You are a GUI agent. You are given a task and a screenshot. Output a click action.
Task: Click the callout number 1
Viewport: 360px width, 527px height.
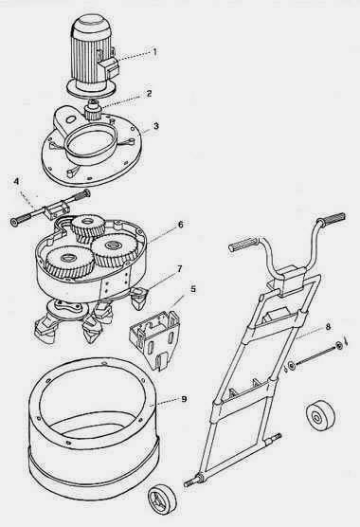point(154,52)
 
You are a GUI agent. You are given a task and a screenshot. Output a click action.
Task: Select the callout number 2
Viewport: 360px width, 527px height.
point(150,93)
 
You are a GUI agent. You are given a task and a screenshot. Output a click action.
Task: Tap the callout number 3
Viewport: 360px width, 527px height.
point(155,126)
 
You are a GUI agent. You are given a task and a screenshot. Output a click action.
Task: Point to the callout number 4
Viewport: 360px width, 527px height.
point(16,181)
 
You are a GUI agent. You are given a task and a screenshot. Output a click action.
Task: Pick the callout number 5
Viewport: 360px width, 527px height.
point(193,289)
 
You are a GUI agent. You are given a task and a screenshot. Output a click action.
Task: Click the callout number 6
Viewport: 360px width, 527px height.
point(181,225)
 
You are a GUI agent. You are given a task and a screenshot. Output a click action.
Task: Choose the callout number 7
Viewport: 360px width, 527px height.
point(179,269)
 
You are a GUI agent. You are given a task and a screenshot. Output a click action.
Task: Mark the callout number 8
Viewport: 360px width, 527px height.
point(328,327)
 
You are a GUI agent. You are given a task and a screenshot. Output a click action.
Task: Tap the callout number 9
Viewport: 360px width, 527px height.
point(184,399)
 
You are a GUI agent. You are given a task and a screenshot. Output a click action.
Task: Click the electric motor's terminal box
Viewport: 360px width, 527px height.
point(110,66)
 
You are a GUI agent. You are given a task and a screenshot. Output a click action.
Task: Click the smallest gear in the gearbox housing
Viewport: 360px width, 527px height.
point(87,226)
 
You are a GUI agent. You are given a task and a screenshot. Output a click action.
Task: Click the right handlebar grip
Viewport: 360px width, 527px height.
point(332,218)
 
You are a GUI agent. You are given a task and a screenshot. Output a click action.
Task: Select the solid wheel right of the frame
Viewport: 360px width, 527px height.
point(321,416)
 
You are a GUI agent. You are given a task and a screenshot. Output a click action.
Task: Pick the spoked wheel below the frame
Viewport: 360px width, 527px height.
point(162,498)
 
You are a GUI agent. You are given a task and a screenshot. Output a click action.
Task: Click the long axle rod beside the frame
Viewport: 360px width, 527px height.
point(315,355)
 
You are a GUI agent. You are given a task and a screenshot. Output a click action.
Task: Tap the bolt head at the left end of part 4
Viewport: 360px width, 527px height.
point(15,223)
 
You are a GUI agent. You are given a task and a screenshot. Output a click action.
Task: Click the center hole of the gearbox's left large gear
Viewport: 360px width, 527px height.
point(69,258)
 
